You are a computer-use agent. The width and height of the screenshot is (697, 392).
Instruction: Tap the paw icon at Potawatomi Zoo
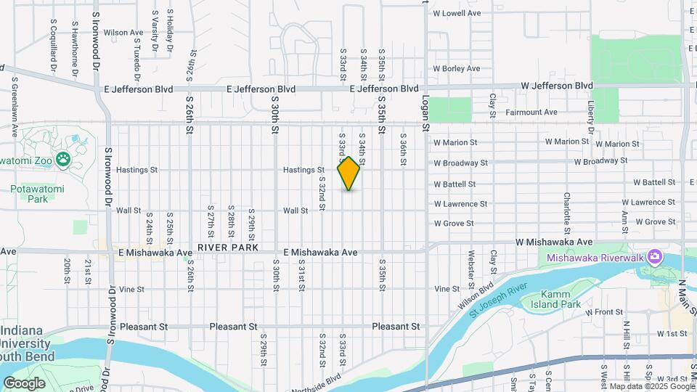click(x=64, y=158)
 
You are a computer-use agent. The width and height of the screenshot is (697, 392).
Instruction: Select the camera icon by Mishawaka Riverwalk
click(x=655, y=256)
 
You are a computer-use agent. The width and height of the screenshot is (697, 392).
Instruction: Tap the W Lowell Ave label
click(x=457, y=13)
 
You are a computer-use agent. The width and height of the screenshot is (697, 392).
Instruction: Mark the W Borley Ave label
click(x=457, y=68)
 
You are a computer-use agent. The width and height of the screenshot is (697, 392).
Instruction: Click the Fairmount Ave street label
click(x=531, y=113)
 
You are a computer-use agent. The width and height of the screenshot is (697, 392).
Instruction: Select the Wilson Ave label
click(x=123, y=33)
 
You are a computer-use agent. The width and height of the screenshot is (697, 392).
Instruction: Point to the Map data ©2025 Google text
click(x=653, y=386)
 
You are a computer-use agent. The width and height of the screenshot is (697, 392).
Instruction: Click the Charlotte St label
click(x=566, y=210)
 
